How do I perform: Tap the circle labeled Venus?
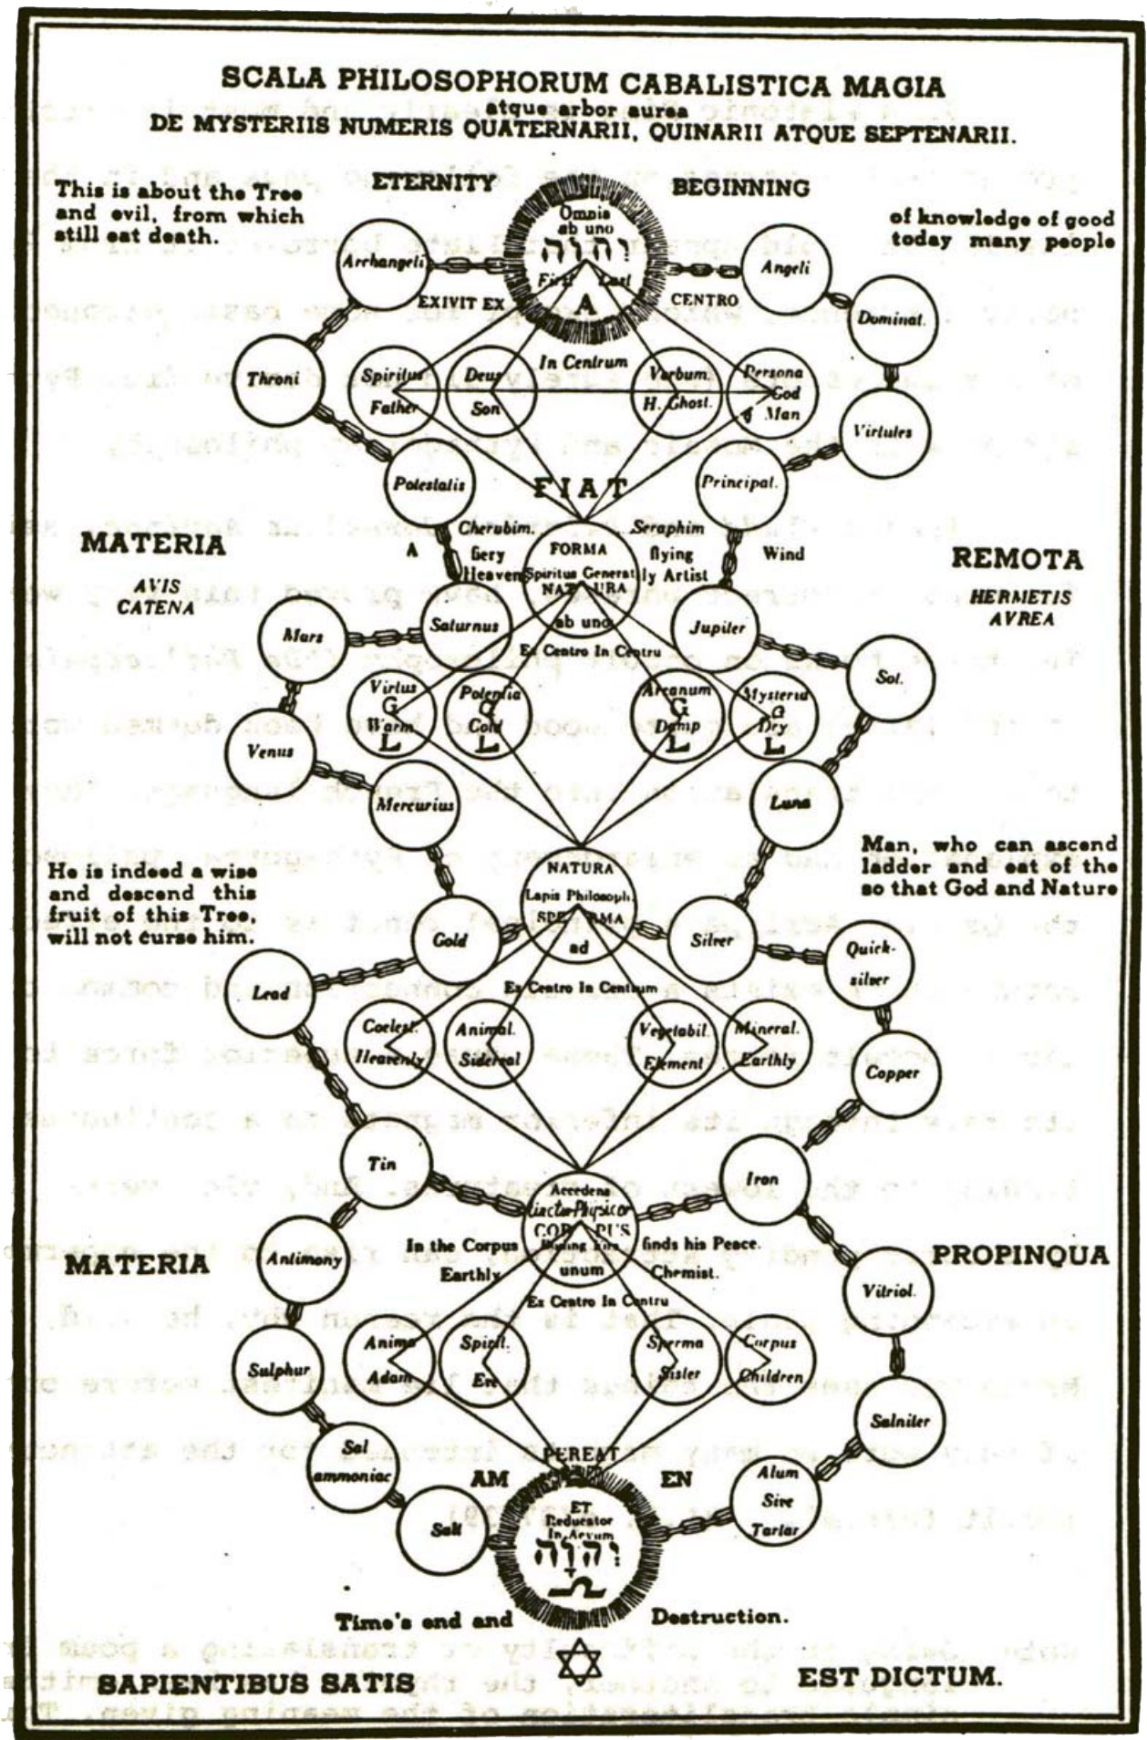[x=270, y=752]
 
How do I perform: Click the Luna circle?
[x=790, y=803]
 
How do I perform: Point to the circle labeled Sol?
[x=889, y=678]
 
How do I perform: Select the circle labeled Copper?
[x=893, y=1073]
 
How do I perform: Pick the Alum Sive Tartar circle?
[x=777, y=1500]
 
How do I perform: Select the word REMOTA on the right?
[x=1004, y=559]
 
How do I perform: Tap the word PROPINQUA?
[x=1019, y=1255]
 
